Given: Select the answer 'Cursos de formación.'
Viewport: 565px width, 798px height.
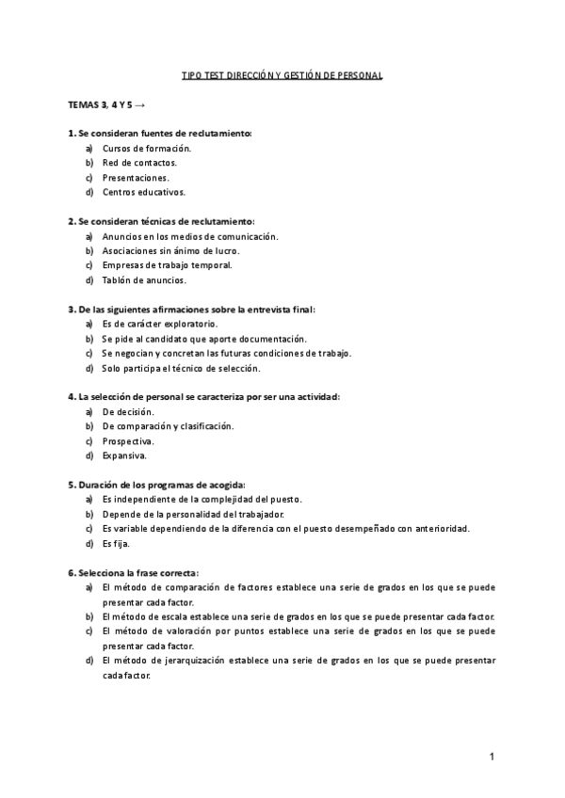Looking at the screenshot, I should (x=146, y=149).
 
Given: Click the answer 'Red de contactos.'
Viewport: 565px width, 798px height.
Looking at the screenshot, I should (x=139, y=163).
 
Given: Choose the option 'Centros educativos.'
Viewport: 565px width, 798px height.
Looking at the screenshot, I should (x=144, y=192).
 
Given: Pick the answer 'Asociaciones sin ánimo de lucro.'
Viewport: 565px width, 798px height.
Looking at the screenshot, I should (x=170, y=251).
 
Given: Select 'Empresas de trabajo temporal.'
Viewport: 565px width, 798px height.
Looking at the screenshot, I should (x=167, y=265).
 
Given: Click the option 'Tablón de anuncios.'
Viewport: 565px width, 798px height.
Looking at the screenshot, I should (x=144, y=279).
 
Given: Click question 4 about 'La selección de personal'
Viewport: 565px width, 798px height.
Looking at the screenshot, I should (x=203, y=397).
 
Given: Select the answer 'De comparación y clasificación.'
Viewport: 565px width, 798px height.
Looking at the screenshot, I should (x=169, y=426).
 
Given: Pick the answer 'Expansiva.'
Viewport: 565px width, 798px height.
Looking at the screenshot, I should (x=124, y=455).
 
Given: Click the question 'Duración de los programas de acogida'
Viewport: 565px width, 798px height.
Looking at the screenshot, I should (x=156, y=485).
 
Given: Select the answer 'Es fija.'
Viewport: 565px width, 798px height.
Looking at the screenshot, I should (x=116, y=543).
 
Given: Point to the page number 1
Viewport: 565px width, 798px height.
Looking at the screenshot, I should (x=492, y=757).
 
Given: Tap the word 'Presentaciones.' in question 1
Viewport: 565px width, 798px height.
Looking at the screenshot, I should (x=137, y=178).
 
